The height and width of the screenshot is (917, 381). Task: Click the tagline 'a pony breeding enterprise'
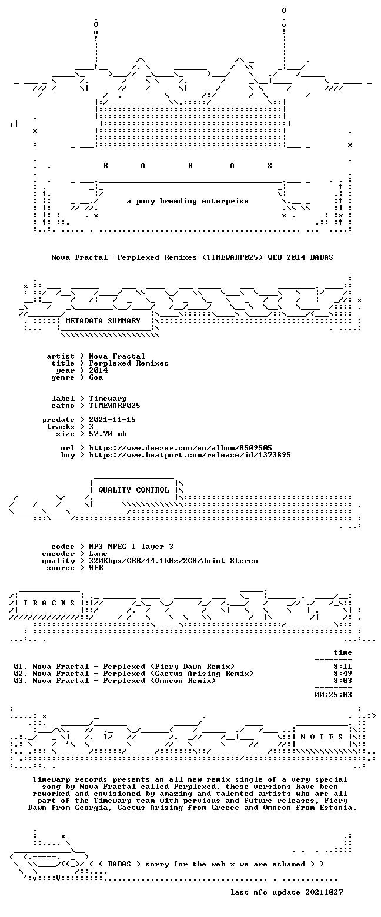(187, 202)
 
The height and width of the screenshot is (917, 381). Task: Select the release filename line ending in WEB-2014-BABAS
(192, 257)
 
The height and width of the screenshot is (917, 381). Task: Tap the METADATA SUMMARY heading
(103, 321)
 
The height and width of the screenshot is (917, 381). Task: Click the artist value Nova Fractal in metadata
(117, 356)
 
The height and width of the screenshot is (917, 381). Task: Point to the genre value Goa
(96, 377)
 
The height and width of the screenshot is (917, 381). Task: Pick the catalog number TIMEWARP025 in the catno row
(115, 406)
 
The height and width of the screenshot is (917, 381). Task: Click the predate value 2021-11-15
(112, 420)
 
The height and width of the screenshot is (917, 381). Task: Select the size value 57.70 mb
(108, 434)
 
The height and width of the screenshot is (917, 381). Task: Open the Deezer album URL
(181, 448)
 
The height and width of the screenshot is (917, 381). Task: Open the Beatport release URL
(190, 455)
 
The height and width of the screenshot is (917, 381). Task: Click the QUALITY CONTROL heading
(133, 490)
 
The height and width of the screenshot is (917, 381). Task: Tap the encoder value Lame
(98, 554)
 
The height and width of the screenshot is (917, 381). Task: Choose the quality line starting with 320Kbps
(173, 561)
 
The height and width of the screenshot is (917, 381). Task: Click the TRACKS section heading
(49, 603)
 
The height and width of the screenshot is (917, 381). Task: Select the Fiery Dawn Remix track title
(169, 667)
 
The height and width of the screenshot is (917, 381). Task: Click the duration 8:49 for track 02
(343, 674)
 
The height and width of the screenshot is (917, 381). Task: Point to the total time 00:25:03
(333, 695)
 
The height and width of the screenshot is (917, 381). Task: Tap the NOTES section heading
(322, 737)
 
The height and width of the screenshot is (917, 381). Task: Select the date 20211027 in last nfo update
(324, 892)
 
